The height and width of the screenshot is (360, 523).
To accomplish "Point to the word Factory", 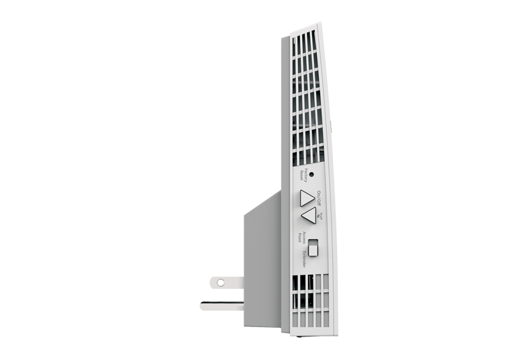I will point(303,173).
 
